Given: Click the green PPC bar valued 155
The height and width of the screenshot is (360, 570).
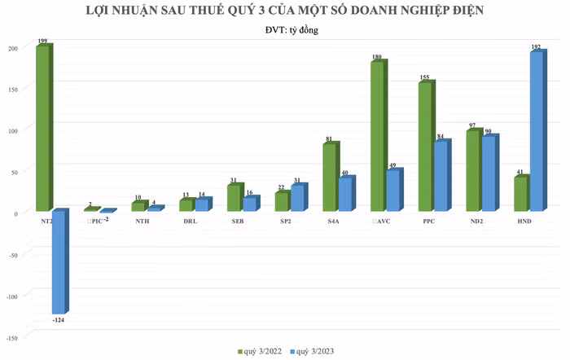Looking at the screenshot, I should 424,147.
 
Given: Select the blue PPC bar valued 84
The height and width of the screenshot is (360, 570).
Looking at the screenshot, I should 440,176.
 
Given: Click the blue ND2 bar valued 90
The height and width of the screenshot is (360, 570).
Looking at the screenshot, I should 487,173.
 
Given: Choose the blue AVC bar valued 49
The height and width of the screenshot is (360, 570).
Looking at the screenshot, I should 392,191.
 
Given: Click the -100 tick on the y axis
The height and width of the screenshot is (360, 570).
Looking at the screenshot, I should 10,295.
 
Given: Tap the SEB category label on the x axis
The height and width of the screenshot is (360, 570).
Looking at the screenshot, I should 236,222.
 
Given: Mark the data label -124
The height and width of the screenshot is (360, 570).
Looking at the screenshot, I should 58,322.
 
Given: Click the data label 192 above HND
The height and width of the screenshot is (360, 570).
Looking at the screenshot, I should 537,48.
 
